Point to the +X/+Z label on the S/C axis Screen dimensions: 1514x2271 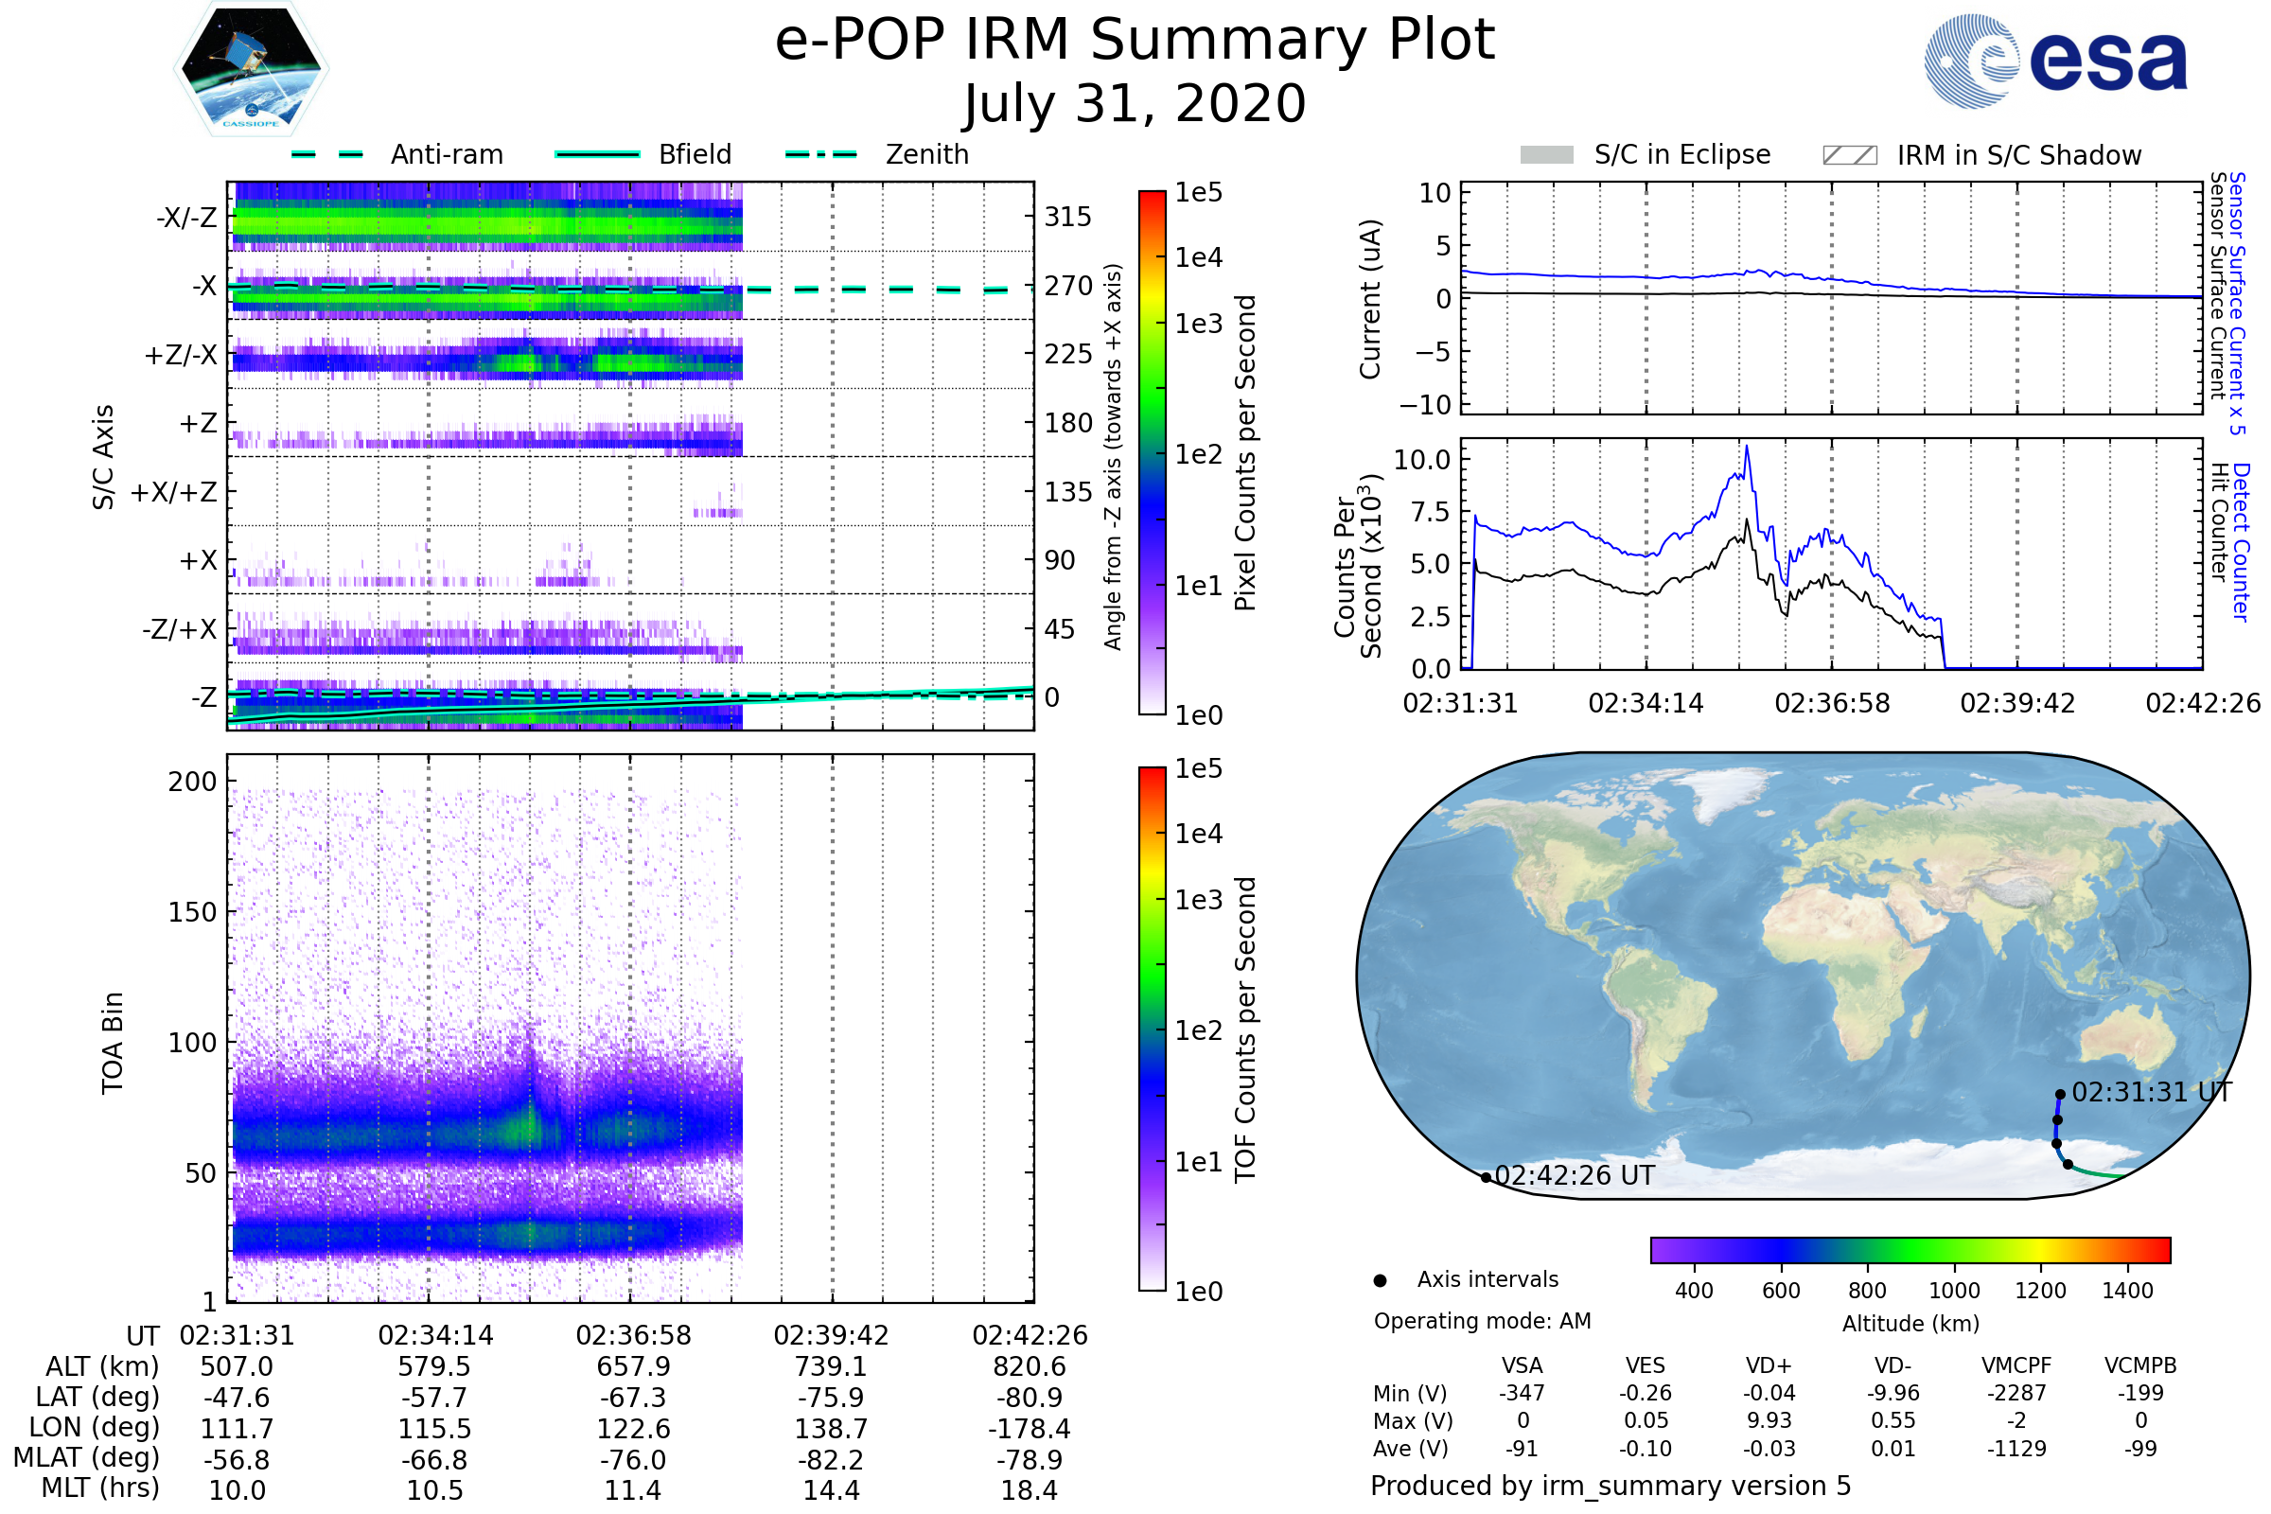tap(174, 492)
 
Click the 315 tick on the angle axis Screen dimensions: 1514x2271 tap(1068, 217)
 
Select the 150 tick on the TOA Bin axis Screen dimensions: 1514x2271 tap(192, 912)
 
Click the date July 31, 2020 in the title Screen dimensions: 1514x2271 tap(1135, 103)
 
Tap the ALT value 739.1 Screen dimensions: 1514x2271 tap(832, 1367)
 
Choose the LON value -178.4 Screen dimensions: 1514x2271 tap(1030, 1429)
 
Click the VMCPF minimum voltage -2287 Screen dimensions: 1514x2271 tap(2016, 1393)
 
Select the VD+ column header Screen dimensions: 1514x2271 tap(1769, 1366)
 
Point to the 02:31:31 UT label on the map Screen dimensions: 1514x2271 tap(2152, 1092)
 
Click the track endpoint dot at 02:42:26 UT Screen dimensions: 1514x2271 tap(1486, 1178)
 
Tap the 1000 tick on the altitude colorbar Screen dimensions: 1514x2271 tap(1954, 1291)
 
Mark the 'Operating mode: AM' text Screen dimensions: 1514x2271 tap(1482, 1321)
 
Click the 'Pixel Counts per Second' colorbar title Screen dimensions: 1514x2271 tap(1245, 453)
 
